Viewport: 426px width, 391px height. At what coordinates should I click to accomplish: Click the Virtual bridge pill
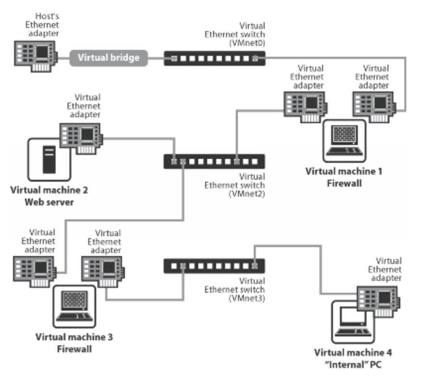click(x=109, y=58)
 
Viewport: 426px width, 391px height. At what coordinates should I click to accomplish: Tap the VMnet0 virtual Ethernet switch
click(x=214, y=58)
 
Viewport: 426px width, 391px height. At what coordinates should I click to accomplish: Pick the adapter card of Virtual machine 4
click(x=379, y=300)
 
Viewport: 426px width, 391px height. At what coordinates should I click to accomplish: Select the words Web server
click(x=49, y=202)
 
